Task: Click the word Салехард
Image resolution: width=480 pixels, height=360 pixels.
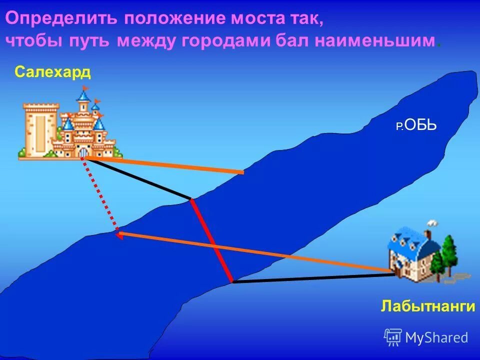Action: tap(52, 72)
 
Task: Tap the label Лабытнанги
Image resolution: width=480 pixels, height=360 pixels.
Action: tap(427, 306)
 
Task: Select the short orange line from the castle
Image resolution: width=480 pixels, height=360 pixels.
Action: tap(165, 165)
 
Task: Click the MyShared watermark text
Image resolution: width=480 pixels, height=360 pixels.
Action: tap(436, 338)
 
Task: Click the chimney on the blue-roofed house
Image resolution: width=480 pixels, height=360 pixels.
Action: tap(428, 233)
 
